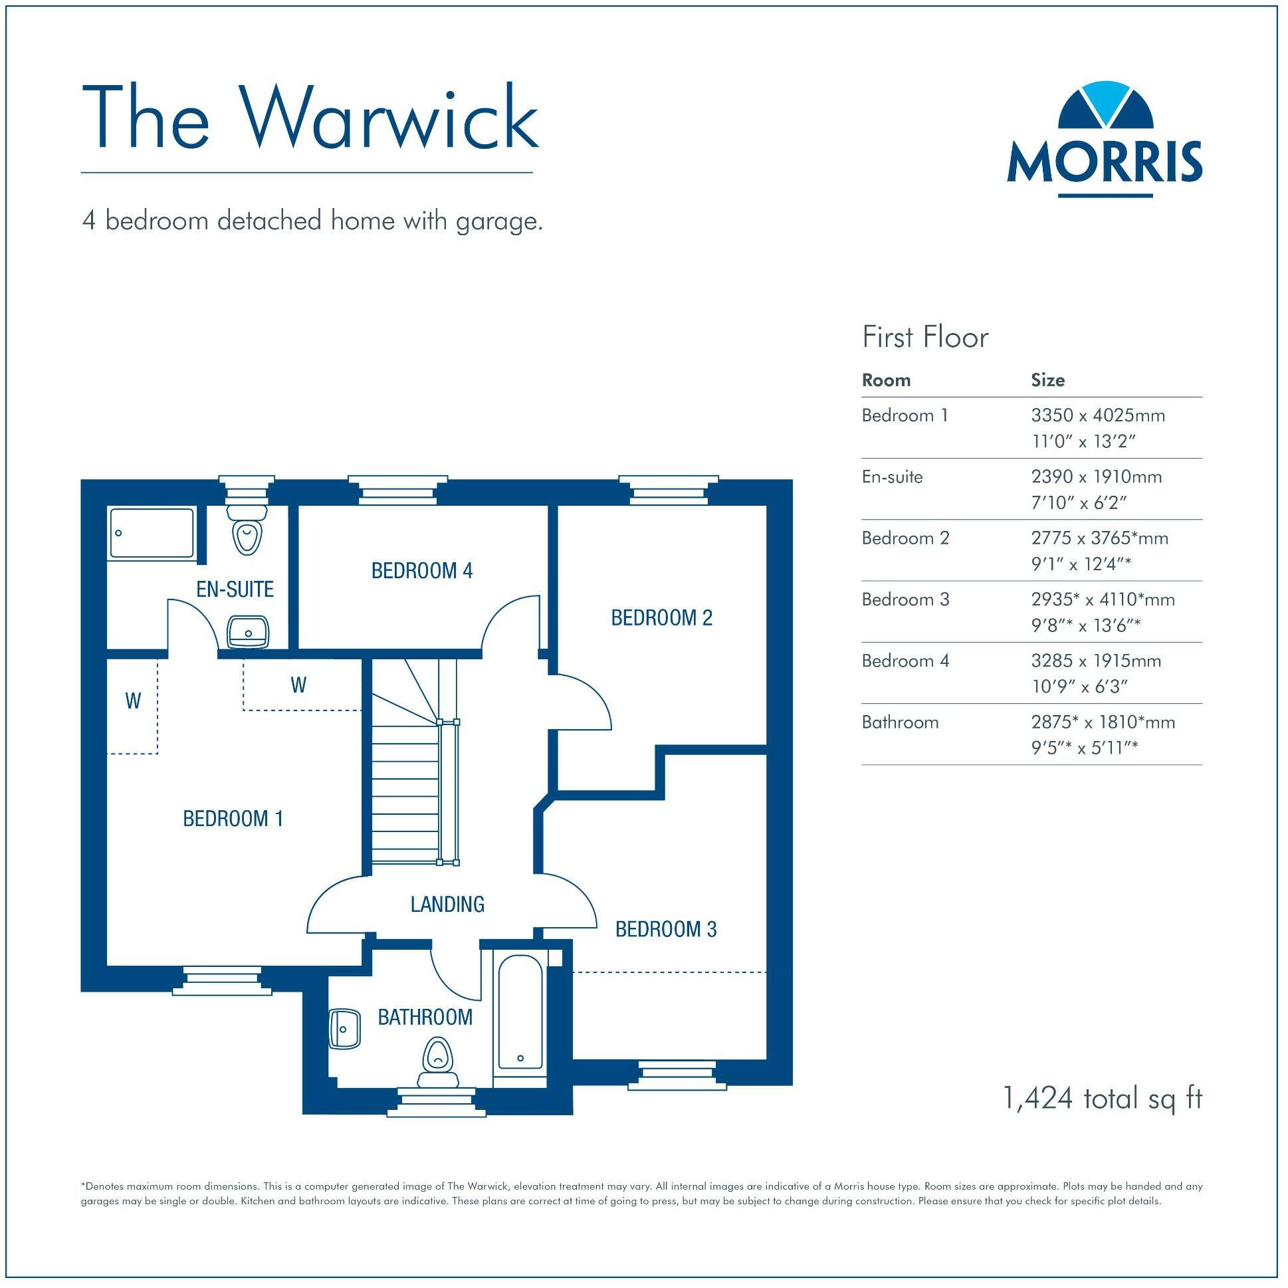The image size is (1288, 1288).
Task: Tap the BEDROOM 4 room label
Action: [x=421, y=571]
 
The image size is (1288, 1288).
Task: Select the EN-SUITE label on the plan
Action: [x=235, y=590]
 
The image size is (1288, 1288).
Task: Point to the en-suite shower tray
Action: [x=152, y=532]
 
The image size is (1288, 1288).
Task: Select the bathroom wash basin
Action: [x=345, y=1029]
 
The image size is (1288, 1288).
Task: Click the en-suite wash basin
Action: [x=248, y=631]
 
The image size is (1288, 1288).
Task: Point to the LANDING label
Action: [x=447, y=904]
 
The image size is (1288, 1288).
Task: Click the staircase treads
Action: [x=405, y=794]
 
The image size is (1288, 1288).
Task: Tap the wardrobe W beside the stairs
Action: [x=298, y=685]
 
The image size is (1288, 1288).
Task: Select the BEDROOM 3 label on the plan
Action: [x=665, y=929]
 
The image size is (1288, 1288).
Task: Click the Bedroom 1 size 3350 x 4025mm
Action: [x=1097, y=415]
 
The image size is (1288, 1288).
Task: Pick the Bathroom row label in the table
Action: [x=899, y=722]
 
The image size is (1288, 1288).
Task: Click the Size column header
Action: [x=1047, y=380]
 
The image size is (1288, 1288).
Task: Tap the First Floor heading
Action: [x=924, y=338]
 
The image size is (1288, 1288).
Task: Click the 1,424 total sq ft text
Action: [x=1102, y=1098]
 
